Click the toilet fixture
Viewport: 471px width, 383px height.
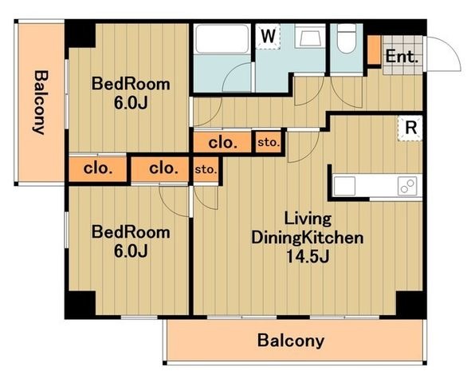pyautogui.click(x=347, y=38)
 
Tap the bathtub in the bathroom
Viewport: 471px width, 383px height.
pyautogui.click(x=222, y=39)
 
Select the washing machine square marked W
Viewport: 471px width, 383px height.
pyautogui.click(x=268, y=37)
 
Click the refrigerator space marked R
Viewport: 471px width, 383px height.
pyautogui.click(x=410, y=128)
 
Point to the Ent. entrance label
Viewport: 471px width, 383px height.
pyautogui.click(x=402, y=57)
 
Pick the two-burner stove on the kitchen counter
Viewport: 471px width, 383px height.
pyautogui.click(x=407, y=186)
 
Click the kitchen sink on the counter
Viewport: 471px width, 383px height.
pyautogui.click(x=344, y=186)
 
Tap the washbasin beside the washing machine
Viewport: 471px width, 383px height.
pyautogui.click(x=310, y=36)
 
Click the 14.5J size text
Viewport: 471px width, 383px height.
pyautogui.click(x=308, y=256)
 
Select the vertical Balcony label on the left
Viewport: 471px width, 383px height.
pyautogui.click(x=40, y=102)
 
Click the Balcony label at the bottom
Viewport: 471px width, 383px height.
pyautogui.click(x=290, y=341)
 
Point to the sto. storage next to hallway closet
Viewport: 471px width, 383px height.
pyautogui.click(x=269, y=143)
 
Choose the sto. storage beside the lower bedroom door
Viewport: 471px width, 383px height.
pyautogui.click(x=206, y=170)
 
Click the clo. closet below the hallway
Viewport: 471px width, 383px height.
pyautogui.click(x=222, y=143)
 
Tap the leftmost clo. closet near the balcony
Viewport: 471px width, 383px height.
pyautogui.click(x=97, y=168)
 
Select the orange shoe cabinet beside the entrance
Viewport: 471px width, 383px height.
pyautogui.click(x=374, y=50)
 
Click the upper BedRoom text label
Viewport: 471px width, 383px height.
pyautogui.click(x=131, y=84)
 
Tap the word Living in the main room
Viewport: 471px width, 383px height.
pyautogui.click(x=308, y=219)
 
